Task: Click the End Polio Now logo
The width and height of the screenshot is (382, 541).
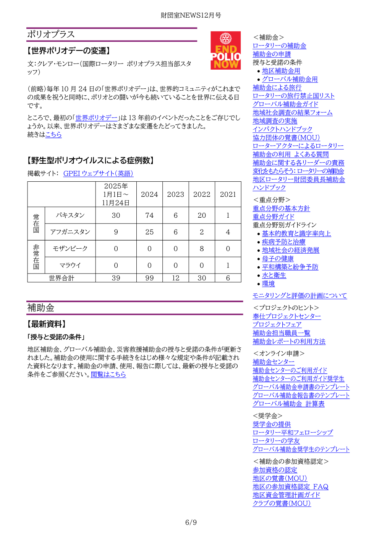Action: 225,51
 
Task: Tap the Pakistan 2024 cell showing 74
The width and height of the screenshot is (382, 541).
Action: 149,215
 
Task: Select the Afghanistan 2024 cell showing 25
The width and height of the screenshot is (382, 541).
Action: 149,232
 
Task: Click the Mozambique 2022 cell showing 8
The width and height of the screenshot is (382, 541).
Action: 202,249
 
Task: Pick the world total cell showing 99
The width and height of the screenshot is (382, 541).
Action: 149,278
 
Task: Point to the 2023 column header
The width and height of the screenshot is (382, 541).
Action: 175,194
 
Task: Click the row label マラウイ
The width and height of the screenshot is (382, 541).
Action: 70,265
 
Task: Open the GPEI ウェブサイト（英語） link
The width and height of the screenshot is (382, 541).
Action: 98,173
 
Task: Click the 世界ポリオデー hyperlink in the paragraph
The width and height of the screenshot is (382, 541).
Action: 96,118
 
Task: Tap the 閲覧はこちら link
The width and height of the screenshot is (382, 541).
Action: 108,374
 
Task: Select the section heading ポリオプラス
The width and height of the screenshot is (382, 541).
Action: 51,34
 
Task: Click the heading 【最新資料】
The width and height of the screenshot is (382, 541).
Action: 47,324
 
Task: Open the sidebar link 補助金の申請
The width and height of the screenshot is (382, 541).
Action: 272,54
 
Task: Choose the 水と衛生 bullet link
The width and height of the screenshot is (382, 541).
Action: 274,275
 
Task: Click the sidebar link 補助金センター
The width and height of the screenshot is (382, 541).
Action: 274,362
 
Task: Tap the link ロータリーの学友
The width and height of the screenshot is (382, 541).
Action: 276,441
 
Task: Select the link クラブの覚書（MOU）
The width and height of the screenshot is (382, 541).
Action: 282,504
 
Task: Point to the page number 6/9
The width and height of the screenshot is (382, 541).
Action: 191,522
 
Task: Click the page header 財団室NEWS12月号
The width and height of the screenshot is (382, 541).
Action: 191,15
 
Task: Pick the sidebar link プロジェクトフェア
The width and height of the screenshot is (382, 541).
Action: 277,324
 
